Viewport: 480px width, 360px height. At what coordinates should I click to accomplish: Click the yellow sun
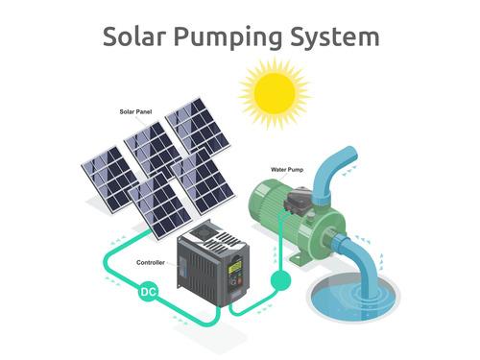tap(275, 94)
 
